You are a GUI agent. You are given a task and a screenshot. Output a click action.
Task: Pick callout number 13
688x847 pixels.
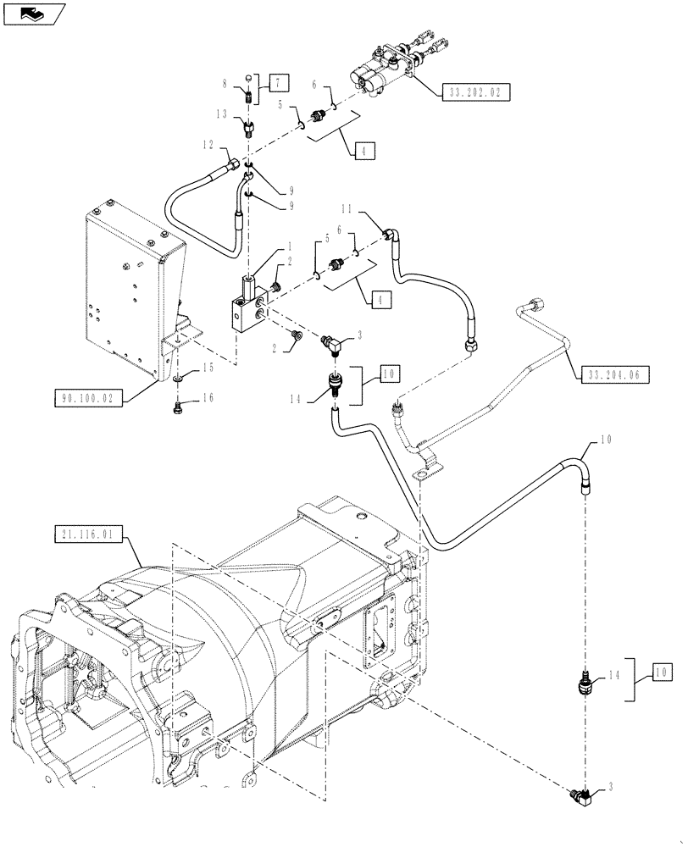(x=223, y=113)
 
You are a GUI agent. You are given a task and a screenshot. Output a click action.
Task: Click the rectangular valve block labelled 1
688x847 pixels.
(x=247, y=305)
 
